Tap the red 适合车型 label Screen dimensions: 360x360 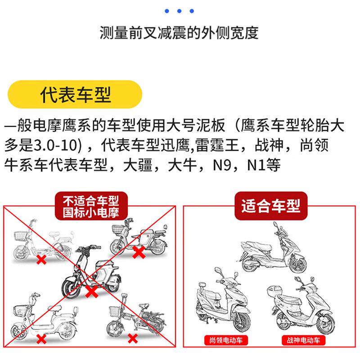[x=270, y=207]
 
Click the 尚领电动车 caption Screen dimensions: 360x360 [x=220, y=340]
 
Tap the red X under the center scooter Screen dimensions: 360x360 [x=91, y=292]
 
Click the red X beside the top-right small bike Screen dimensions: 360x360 [x=138, y=253]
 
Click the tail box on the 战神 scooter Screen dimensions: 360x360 [x=275, y=292]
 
